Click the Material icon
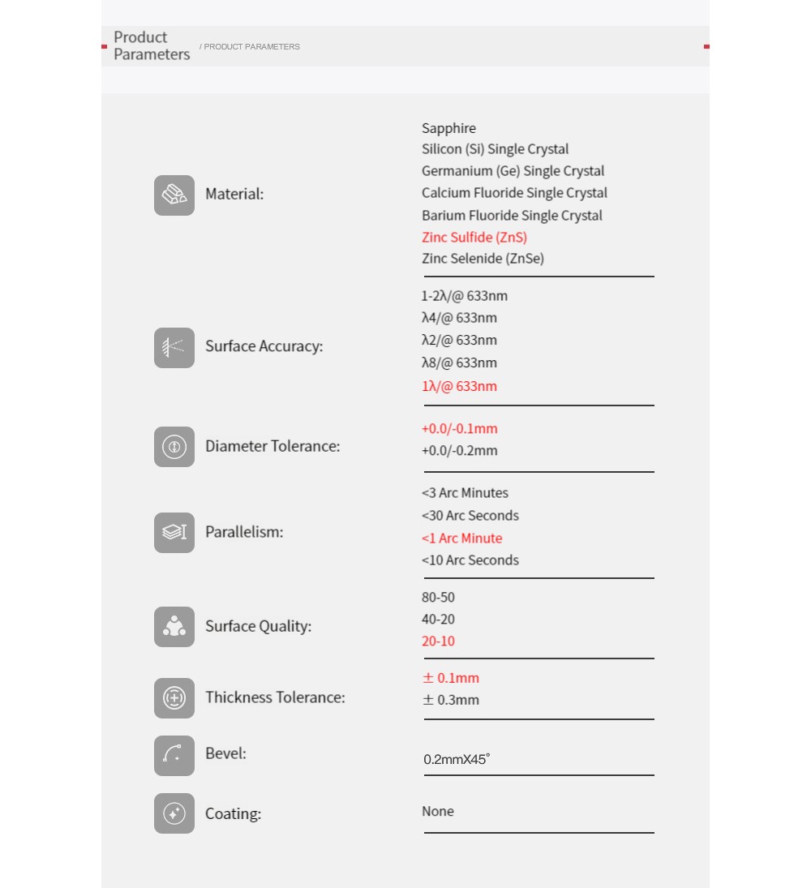pyautogui.click(x=174, y=195)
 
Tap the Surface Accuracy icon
pyautogui.click(x=174, y=348)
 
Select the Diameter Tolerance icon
pyautogui.click(x=174, y=447)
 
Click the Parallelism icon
pyautogui.click(x=174, y=533)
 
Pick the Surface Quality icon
pyautogui.click(x=174, y=627)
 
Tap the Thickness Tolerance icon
pyautogui.click(x=174, y=698)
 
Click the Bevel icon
pyautogui.click(x=174, y=756)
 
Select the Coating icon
pyautogui.click(x=174, y=813)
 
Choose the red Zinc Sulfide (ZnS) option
pyautogui.click(x=474, y=238)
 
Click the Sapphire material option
pyautogui.click(x=448, y=128)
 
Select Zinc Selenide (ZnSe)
pyautogui.click(x=483, y=259)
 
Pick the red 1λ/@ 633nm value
pyautogui.click(x=459, y=386)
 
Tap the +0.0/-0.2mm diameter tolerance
pyautogui.click(x=459, y=451)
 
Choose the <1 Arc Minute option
pyautogui.click(x=461, y=538)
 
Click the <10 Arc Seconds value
pyautogui.click(x=470, y=560)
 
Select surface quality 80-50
pyautogui.click(x=438, y=598)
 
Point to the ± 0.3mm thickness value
pyautogui.click(x=451, y=700)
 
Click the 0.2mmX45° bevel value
pyautogui.click(x=457, y=760)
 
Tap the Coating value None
pyautogui.click(x=438, y=812)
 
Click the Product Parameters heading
pyautogui.click(x=152, y=46)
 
